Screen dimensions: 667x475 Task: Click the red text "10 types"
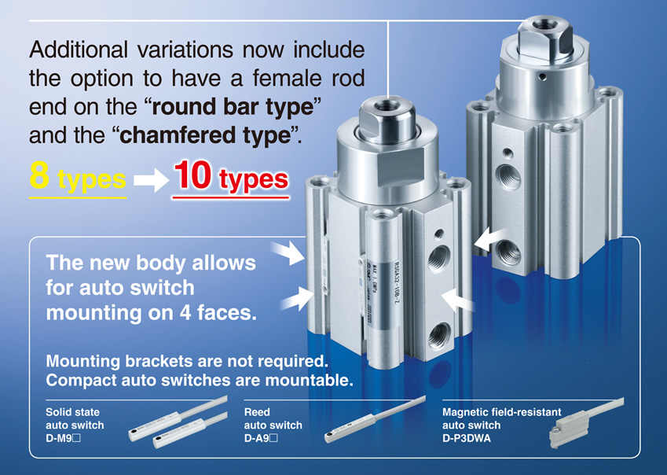[x=231, y=177]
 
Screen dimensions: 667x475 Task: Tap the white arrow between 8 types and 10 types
[x=151, y=180]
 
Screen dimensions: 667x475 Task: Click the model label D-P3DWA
[x=466, y=438]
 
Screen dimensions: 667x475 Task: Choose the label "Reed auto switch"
[x=273, y=418]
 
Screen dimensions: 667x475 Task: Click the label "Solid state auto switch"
[x=75, y=418]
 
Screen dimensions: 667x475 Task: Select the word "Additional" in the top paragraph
[x=79, y=50]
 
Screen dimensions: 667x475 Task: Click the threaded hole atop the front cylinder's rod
[x=387, y=105]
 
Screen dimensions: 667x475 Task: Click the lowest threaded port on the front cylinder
[x=439, y=335]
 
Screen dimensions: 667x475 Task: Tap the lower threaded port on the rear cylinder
[x=509, y=252]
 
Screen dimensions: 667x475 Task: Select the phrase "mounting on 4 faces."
[x=152, y=313]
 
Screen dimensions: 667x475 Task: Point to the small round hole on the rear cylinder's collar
[x=542, y=77]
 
